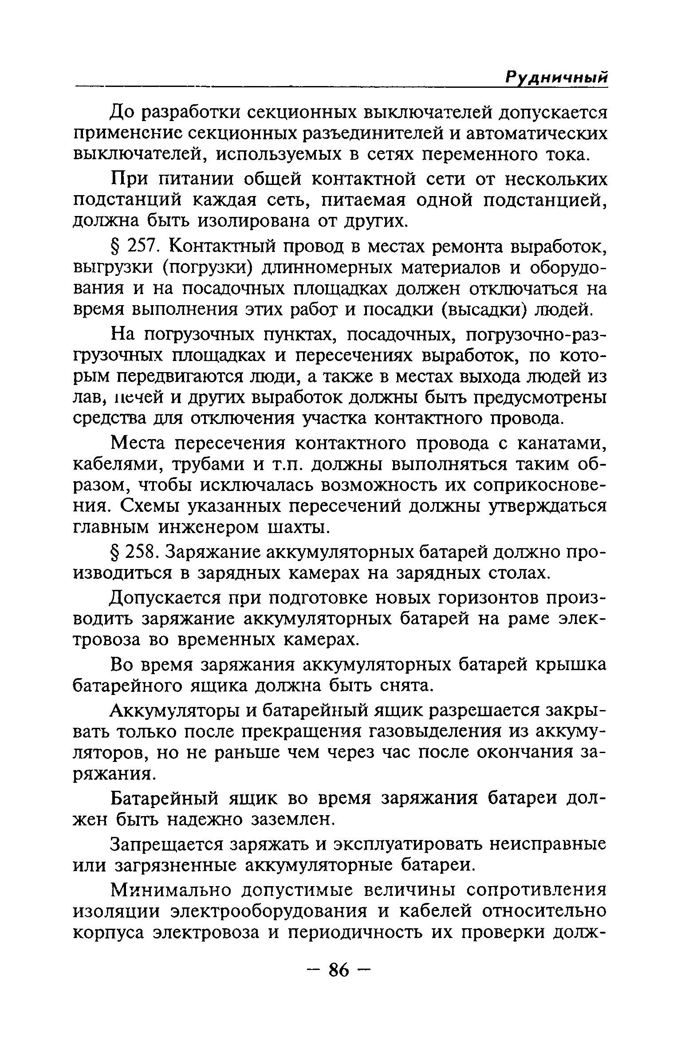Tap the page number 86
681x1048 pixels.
coord(339,971)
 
